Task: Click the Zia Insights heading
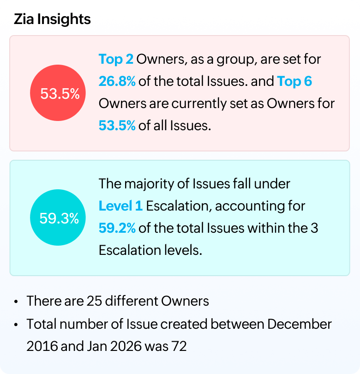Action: pos(52,19)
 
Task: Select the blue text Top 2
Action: pos(116,60)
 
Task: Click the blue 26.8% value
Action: pos(117,82)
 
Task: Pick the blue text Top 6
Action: pos(294,82)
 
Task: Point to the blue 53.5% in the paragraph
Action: pos(117,126)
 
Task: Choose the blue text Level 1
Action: pos(120,206)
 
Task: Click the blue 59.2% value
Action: pos(117,228)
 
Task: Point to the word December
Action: pos(299,324)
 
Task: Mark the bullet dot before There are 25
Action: pos(16,302)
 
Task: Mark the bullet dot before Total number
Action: pos(16,325)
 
